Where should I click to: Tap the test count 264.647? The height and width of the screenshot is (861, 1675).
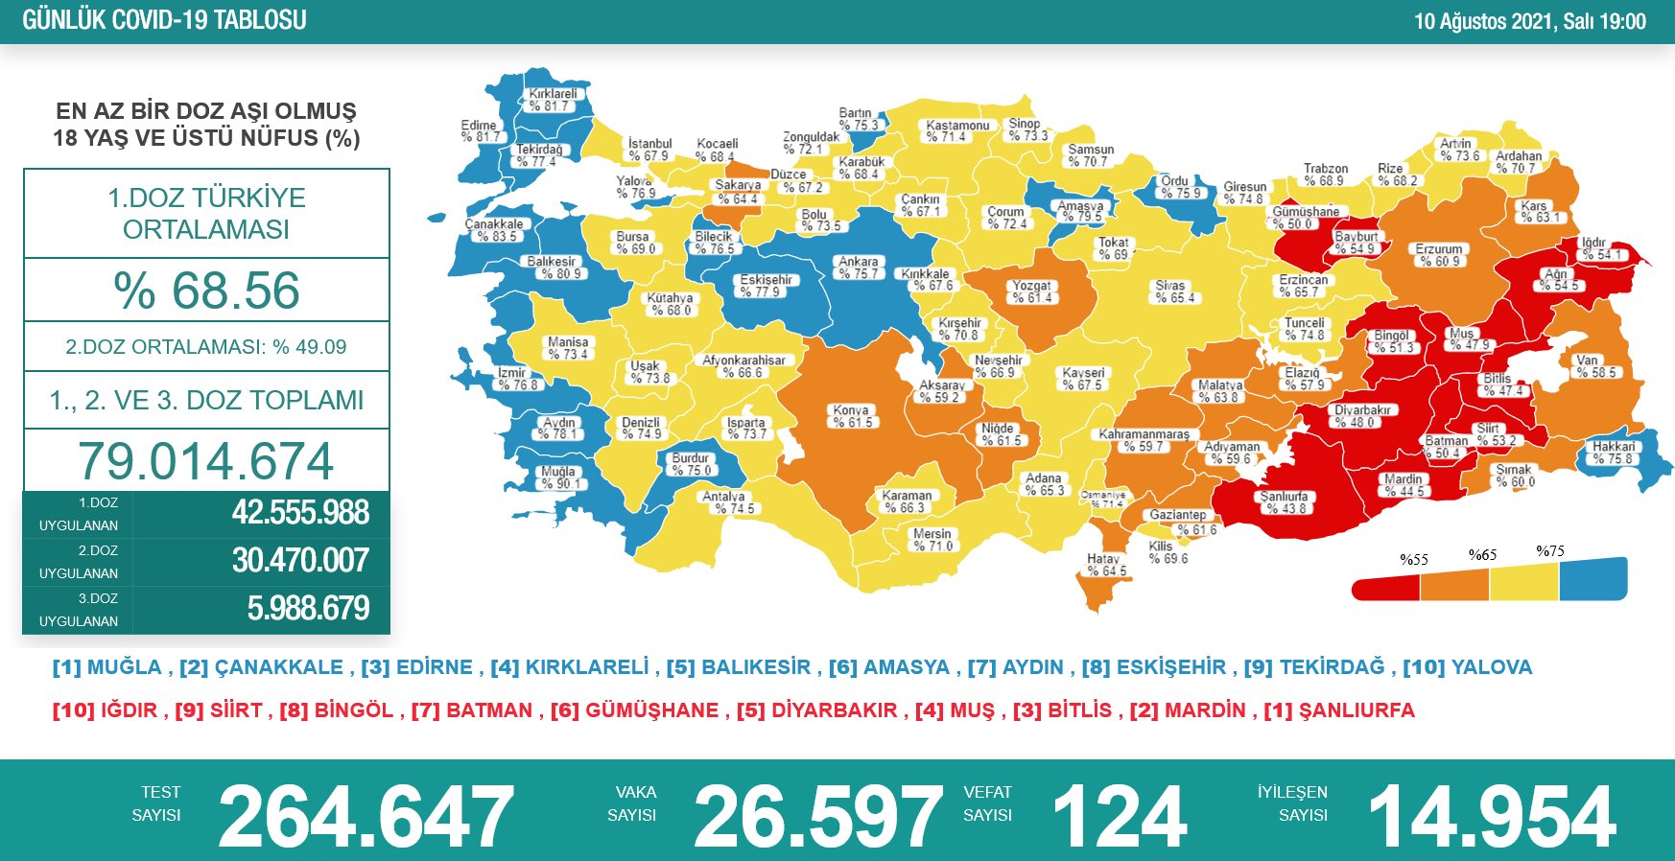tap(366, 816)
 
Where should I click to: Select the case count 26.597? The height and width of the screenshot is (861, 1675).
tap(817, 816)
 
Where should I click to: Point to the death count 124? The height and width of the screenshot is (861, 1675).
tap(1120, 816)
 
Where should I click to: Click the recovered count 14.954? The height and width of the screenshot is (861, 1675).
tap(1492, 816)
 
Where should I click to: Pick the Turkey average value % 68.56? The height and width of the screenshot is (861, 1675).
tap(206, 291)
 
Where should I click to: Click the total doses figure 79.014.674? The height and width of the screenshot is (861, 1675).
tap(206, 461)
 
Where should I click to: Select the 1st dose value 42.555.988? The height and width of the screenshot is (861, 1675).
tap(299, 513)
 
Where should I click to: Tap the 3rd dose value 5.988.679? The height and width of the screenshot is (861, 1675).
tap(307, 609)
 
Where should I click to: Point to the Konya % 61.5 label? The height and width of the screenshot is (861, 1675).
tap(852, 416)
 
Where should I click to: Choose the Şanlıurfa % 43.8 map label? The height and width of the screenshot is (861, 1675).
tap(1283, 502)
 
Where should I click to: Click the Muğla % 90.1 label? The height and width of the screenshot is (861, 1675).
tap(558, 477)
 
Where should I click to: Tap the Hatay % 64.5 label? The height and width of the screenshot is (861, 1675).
tap(1105, 565)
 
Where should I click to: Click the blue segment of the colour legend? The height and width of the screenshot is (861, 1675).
tap(1592, 580)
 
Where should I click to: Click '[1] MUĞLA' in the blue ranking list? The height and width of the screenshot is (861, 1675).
tap(107, 667)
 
